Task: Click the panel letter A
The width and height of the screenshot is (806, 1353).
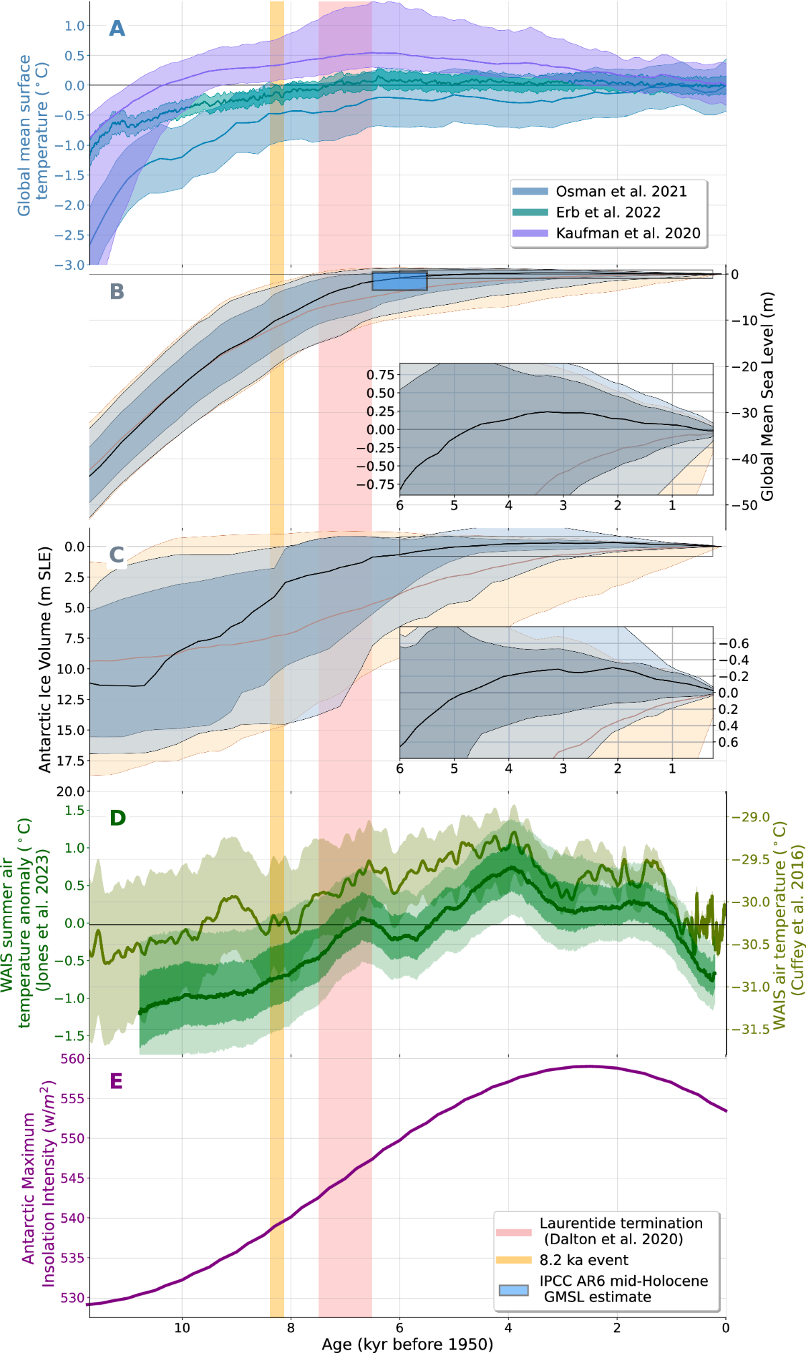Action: [117, 29]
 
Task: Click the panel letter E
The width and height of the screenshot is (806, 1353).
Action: [116, 1081]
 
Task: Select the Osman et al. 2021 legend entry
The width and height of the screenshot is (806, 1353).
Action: [621, 191]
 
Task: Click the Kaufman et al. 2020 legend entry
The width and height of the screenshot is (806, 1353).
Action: [627, 233]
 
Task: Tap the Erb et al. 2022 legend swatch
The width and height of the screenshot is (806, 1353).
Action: [530, 212]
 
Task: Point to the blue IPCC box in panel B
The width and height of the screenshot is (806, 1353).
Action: [400, 281]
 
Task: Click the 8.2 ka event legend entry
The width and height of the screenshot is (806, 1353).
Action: [584, 1260]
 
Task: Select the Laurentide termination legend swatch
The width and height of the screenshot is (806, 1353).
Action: [513, 1232]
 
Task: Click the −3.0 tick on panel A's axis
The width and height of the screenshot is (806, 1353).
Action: [70, 265]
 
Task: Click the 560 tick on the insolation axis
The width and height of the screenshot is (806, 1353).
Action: [73, 1059]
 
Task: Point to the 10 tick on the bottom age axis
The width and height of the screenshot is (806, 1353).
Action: [182, 1327]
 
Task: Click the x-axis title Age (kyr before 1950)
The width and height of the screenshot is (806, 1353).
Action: [407, 1344]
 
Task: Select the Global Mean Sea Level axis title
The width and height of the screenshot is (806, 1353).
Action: [767, 396]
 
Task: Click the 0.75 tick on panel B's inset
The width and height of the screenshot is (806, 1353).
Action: [380, 375]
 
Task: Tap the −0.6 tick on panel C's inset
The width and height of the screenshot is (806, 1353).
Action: [734, 643]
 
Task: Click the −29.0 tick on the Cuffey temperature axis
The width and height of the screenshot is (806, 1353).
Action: [750, 817]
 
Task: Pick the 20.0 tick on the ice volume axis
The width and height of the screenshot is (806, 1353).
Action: [71, 792]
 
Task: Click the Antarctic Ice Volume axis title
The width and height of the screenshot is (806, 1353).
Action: [45, 659]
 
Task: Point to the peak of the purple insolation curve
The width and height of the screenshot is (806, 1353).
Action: [588, 1066]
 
